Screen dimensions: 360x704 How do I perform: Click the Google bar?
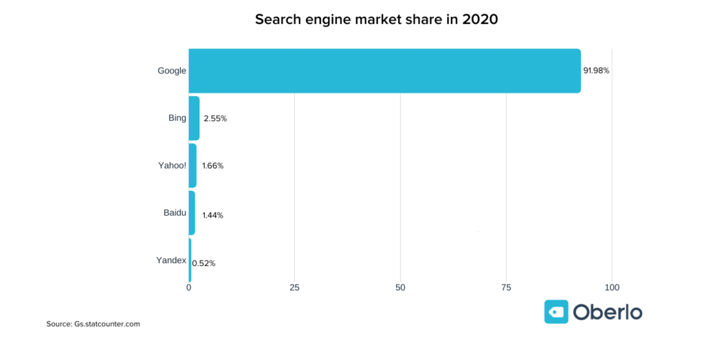(385, 71)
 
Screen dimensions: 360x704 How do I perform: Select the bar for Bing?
(194, 118)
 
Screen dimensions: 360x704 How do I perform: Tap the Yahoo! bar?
(192, 166)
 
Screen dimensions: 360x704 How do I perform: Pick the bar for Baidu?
(192, 213)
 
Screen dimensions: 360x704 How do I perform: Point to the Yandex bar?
(190, 260)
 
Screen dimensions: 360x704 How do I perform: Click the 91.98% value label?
(596, 71)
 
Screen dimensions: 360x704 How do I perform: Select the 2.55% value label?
(215, 119)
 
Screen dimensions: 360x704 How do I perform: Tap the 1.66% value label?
(212, 166)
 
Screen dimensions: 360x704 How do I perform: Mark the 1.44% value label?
(212, 215)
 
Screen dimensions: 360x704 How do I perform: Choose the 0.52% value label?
(203, 263)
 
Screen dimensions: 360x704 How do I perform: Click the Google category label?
(171, 71)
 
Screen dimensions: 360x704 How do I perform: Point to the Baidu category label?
(175, 213)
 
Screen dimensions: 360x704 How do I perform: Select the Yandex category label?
(172, 260)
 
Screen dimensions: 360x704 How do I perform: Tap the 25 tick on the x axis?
(294, 287)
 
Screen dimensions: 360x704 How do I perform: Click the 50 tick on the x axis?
(400, 287)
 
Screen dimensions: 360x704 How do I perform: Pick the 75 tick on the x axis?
(506, 287)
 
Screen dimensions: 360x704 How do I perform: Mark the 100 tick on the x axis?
(612, 287)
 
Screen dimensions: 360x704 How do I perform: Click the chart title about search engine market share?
(376, 19)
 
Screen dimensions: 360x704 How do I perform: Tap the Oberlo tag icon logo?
(556, 311)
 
